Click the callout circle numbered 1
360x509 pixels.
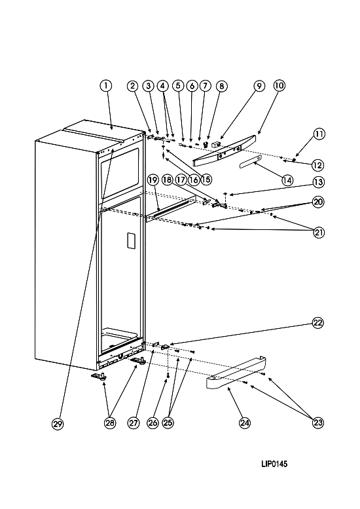pyautogui.click(x=106, y=86)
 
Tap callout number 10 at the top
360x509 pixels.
pyautogui.click(x=279, y=86)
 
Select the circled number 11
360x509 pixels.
pyautogui.click(x=319, y=134)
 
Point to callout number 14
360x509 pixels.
pyautogui.click(x=287, y=180)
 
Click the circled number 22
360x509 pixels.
pyautogui.click(x=318, y=323)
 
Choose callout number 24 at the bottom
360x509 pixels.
pyautogui.click(x=245, y=423)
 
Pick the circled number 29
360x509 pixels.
pyautogui.click(x=58, y=424)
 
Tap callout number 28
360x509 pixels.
pyautogui.click(x=110, y=423)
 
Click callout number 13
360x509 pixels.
pyautogui.click(x=318, y=182)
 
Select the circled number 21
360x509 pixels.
pyautogui.click(x=319, y=233)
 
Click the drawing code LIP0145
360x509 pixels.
pyautogui.click(x=274, y=464)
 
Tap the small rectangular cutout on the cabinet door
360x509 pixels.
pyautogui.click(x=130, y=240)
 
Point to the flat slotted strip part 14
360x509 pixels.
pyautogui.click(x=251, y=161)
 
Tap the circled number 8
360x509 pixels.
pyautogui.click(x=221, y=86)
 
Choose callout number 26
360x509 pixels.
pyautogui.click(x=153, y=423)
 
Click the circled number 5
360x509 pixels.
pyautogui.click(x=178, y=86)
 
